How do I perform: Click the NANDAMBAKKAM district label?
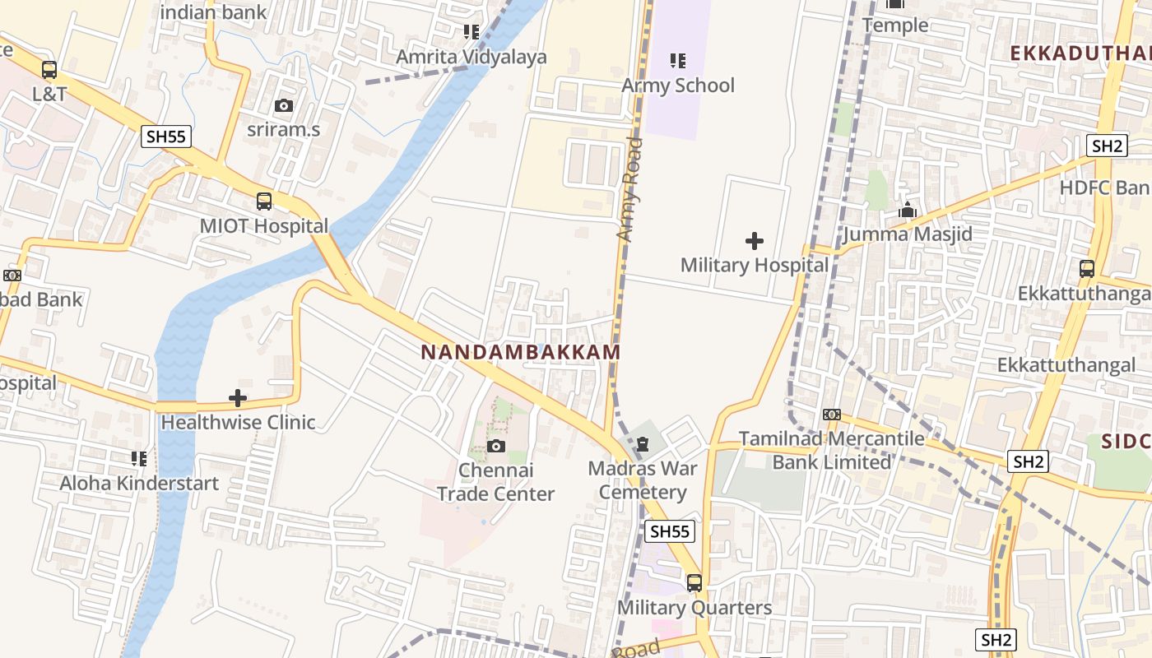[x=520, y=352]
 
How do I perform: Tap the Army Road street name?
[x=630, y=190]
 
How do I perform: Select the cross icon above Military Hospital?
[x=754, y=241]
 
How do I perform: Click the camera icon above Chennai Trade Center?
[x=495, y=446]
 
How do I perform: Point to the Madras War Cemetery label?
[x=643, y=480]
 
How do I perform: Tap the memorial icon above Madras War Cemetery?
[x=643, y=445]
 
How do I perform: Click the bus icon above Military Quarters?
[x=694, y=583]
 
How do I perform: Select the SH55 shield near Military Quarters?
[x=669, y=531]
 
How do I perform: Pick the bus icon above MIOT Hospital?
[x=263, y=201]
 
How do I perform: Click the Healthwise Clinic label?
[x=238, y=423]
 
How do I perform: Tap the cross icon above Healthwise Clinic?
[x=238, y=399]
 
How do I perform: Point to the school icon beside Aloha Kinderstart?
[x=139, y=458]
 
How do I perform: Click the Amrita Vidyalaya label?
[x=471, y=58]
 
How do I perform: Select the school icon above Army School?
[x=677, y=61]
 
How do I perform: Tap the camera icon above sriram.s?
[x=283, y=105]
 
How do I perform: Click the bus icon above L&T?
[x=49, y=70]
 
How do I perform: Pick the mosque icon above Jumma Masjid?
[x=908, y=211]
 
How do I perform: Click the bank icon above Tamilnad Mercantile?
[x=831, y=415]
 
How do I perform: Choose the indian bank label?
[x=213, y=12]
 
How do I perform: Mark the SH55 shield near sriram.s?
[x=166, y=137]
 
